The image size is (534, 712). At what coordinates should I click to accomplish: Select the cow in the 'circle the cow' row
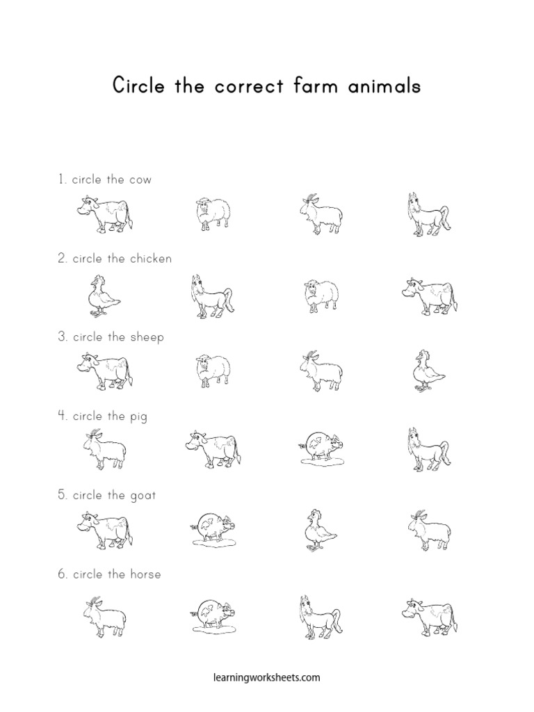(104, 212)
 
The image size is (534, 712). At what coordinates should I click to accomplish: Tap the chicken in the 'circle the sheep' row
(426, 370)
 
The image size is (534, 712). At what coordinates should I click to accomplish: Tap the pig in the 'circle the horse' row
(213, 615)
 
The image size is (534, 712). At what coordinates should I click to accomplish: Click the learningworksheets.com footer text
(266, 676)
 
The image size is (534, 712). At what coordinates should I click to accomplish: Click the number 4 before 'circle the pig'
(62, 416)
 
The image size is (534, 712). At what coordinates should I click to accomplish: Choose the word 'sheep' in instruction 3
(147, 338)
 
